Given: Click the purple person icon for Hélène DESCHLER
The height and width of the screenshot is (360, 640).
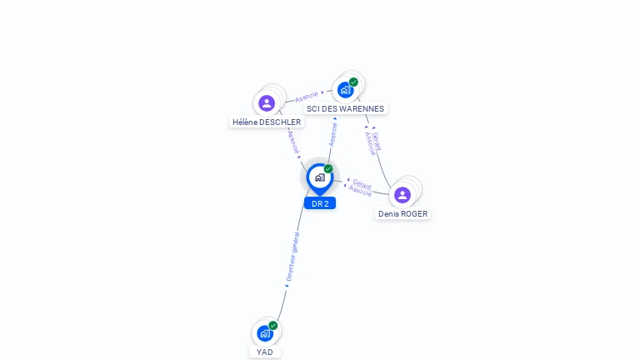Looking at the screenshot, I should click(x=267, y=103).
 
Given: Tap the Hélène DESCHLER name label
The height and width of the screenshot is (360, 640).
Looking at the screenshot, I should click(x=267, y=122).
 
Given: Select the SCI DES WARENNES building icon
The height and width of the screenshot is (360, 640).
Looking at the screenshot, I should click(x=345, y=90).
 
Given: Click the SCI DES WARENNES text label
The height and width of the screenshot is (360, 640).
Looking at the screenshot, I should click(x=345, y=108).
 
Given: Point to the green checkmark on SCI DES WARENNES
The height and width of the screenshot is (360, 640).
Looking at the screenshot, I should click(x=353, y=82).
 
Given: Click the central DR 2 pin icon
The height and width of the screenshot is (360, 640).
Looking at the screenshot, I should click(x=319, y=177).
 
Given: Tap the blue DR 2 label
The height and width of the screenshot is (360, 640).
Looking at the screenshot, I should click(x=320, y=203).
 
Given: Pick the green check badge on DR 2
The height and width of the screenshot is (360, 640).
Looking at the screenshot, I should click(x=328, y=169).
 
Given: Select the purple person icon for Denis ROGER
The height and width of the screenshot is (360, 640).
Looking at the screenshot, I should click(x=402, y=195).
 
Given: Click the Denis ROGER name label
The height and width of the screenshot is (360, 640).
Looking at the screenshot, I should click(x=402, y=213).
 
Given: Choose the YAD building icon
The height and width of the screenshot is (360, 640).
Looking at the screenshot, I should click(x=265, y=333).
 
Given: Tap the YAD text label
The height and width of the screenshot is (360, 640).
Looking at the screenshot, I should click(x=265, y=352).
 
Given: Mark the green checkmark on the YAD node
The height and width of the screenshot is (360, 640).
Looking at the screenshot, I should click(x=273, y=326).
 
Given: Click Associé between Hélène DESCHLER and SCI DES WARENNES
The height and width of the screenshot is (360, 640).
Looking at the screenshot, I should click(x=307, y=97).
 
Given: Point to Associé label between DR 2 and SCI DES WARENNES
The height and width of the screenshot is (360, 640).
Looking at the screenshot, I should click(x=333, y=134).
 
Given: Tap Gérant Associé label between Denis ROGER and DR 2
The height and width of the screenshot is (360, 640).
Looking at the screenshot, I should click(x=361, y=187).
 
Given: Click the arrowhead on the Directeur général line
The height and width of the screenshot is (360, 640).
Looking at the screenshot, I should click(x=287, y=286).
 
